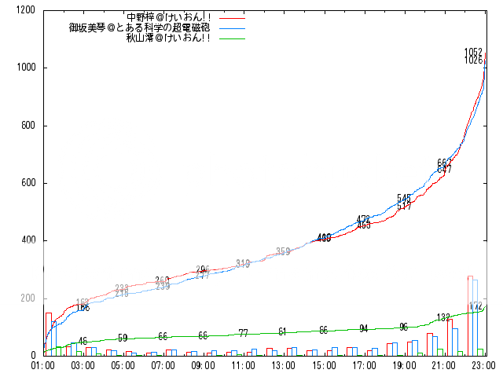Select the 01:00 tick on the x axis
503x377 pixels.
[42, 365]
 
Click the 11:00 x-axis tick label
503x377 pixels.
[244, 365]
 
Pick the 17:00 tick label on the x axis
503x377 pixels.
[364, 365]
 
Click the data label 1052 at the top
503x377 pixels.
[473, 53]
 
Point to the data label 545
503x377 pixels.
[405, 198]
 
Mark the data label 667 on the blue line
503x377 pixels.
[444, 163]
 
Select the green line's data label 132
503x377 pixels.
[444, 317]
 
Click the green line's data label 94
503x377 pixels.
[364, 328]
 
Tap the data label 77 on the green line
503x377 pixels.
[244, 333]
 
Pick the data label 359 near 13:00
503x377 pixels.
[283, 251]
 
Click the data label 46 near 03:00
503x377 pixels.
[83, 341]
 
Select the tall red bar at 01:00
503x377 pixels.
[48, 334]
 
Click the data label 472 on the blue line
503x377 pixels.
[364, 219]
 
